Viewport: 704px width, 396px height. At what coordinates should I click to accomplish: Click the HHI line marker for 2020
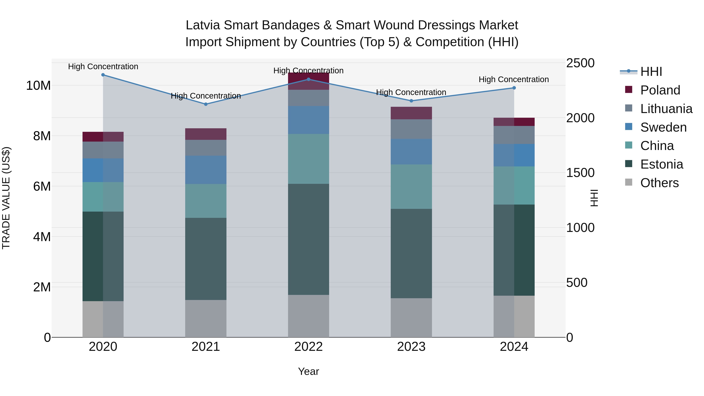pos(103,75)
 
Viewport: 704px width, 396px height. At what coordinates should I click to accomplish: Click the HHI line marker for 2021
pos(206,104)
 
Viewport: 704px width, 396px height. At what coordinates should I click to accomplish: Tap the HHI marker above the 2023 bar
pos(411,101)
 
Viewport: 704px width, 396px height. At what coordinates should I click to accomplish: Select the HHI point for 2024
pos(514,88)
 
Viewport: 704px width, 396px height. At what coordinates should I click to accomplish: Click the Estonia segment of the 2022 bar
pos(309,239)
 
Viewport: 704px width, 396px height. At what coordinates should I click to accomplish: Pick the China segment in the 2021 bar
pos(206,201)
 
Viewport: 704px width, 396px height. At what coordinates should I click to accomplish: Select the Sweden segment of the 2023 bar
pos(411,152)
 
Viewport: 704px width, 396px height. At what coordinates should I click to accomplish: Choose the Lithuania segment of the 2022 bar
pos(309,98)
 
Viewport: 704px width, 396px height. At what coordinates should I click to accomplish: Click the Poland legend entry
pos(660,90)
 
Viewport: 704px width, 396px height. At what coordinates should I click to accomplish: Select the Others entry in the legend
pos(659,183)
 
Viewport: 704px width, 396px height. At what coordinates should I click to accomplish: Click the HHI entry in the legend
pos(651,72)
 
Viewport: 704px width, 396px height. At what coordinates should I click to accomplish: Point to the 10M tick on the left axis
pos(38,85)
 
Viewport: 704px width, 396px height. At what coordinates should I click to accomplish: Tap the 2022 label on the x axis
pos(309,347)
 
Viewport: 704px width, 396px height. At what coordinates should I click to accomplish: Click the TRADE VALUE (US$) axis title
pos(6,198)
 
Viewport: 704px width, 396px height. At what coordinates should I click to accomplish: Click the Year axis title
pos(309,371)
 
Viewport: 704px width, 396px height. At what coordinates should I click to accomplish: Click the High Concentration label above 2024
pos(514,80)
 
